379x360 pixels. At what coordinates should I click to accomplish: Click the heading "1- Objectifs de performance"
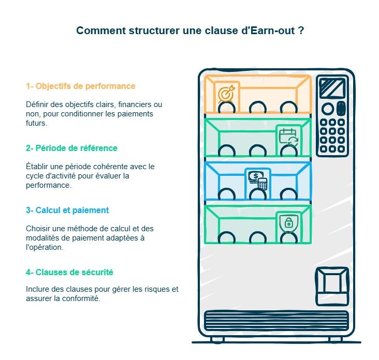coord(80,86)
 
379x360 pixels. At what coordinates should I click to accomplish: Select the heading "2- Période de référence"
coord(71,148)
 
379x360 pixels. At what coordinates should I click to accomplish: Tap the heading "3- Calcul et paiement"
coord(67,210)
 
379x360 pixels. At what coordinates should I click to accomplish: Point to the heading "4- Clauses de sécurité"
coord(69,272)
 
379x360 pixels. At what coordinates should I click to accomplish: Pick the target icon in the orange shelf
coord(226,94)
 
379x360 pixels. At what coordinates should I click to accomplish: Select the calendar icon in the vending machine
coord(288,137)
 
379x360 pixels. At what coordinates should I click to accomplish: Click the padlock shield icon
coord(288,222)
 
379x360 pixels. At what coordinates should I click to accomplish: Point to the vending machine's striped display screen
coord(332,87)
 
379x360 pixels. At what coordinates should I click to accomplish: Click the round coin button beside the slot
coord(328,109)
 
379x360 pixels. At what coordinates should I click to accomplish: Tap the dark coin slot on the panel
coord(341,109)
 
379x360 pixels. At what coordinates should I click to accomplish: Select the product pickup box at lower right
coord(332,286)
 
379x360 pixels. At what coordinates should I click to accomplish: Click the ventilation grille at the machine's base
coord(276,320)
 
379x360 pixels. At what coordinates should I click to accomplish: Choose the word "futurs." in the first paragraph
coord(36,123)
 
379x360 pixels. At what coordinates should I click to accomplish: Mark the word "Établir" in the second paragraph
coord(37,167)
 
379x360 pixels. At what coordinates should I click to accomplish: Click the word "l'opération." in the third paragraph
coord(45,247)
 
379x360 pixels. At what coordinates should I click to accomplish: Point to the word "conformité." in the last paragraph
coord(81,298)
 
